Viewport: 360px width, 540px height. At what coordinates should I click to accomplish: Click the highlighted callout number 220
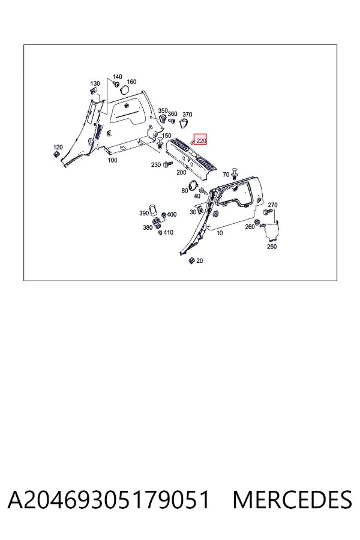pos(201,140)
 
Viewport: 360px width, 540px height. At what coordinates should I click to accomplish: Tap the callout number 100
pos(112,160)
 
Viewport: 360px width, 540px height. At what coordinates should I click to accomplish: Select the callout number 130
pos(95,83)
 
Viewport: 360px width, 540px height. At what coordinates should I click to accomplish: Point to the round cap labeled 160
pos(124,89)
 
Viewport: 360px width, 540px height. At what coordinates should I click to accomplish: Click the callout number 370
pos(187,115)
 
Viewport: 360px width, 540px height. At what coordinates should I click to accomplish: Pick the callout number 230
pos(156,165)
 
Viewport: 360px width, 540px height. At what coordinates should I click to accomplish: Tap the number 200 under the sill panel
pos(181,173)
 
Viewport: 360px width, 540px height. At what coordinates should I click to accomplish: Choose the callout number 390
pos(144,213)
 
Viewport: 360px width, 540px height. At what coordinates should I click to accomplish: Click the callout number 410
pos(168,232)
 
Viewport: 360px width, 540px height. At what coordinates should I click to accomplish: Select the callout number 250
pos(272,247)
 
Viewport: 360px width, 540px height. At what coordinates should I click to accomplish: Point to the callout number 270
pos(272,205)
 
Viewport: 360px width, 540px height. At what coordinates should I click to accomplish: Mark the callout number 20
pos(199,261)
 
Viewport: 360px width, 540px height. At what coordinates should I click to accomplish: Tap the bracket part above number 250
pos(271,230)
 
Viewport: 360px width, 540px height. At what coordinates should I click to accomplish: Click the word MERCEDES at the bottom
pos(292,500)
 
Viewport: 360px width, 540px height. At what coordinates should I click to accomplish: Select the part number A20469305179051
pos(109,500)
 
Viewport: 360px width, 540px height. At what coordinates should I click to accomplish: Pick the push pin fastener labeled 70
pos(235,174)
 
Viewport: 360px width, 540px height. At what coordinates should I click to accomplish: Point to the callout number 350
pos(163,110)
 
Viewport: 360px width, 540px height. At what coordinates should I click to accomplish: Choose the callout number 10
pos(220,233)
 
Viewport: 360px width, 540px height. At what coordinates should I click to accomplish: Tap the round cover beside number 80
pos(194,185)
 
